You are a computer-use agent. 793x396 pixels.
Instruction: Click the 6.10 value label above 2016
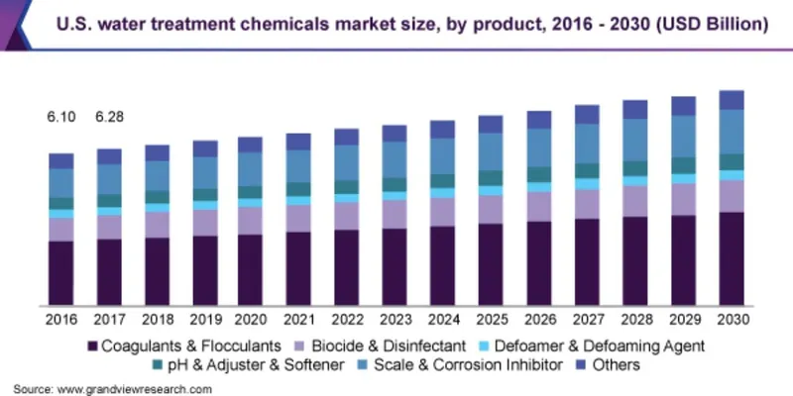coord(60,118)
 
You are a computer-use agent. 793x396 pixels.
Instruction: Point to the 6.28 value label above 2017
coord(109,118)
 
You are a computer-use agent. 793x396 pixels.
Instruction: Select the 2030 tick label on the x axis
coord(732,320)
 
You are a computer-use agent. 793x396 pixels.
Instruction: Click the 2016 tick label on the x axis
coord(60,320)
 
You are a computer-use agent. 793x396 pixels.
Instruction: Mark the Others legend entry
coord(616,365)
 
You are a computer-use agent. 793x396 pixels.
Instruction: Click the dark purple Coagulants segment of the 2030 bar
coord(732,257)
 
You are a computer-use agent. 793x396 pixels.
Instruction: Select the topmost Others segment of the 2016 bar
coord(60,160)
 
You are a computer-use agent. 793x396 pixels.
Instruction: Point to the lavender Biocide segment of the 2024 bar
coord(443,211)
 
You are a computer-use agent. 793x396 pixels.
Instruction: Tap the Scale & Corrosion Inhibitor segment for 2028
coord(635,140)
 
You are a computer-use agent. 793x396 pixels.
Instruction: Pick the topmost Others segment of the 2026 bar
coord(539,120)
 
